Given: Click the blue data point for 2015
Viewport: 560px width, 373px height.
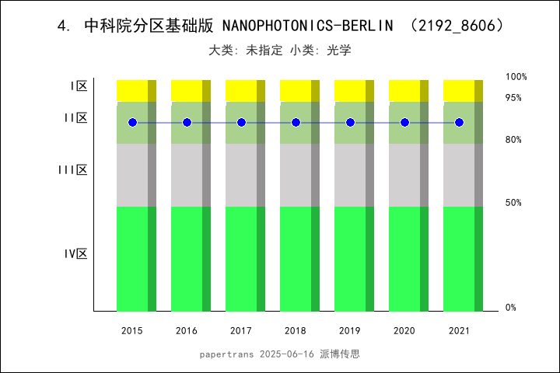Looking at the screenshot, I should pos(132,123).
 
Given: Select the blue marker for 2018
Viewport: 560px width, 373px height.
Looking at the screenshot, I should pos(296,123).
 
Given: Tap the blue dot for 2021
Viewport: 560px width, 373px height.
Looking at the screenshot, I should pos(459,123).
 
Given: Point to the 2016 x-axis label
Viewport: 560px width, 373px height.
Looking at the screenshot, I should pos(187,331).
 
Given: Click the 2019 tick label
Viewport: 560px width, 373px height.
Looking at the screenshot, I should pos(350,331).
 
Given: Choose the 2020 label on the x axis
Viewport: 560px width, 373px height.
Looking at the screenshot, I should pos(404,331).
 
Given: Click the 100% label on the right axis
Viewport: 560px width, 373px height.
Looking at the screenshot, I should pos(516,77).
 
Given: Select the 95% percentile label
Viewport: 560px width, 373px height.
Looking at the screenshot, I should pos(513,98).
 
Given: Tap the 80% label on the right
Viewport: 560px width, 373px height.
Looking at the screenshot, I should pos(513,140).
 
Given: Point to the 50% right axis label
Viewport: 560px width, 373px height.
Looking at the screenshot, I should pos(513,203).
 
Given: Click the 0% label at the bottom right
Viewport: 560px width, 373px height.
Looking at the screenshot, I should pos(511,308).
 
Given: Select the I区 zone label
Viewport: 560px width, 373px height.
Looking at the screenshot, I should pos(78,86).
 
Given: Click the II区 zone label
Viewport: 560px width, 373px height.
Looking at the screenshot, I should pos(75,118).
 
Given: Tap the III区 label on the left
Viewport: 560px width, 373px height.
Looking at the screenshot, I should pos(73,169).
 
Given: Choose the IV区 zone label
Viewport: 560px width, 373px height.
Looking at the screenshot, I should pos(75,254).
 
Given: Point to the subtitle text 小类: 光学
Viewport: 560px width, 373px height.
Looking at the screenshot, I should pos(320,51).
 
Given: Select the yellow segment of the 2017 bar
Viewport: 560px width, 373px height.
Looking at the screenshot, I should pos(241,90).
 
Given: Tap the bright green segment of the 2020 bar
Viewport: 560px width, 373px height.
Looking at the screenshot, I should pos(404,259).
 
